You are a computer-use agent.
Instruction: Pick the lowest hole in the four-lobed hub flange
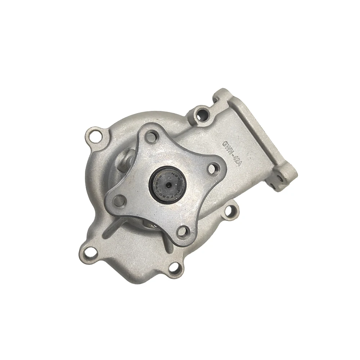click(x=183, y=231)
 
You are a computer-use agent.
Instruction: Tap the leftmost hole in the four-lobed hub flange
click(x=119, y=200)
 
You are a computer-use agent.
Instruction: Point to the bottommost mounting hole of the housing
click(x=174, y=267)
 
